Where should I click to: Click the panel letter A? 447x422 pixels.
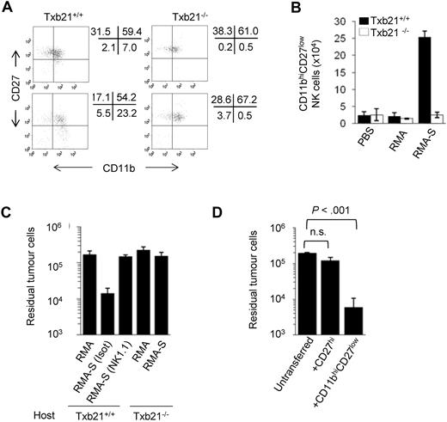pos(8,8)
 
